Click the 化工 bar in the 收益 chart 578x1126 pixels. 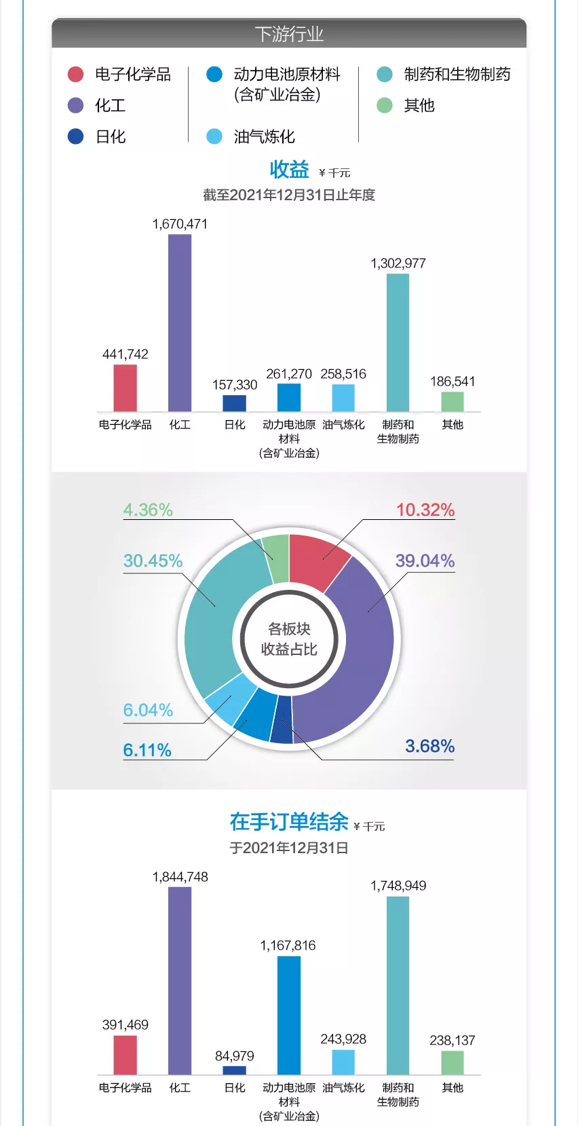[180, 322]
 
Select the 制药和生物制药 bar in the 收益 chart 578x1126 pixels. [398, 342]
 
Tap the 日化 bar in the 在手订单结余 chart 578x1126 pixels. [234, 1070]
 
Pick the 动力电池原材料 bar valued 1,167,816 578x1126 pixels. [289, 1015]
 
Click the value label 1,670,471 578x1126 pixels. [180, 224]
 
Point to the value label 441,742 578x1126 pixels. [125, 354]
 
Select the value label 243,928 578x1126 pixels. [343, 1039]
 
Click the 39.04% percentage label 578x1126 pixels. [425, 561]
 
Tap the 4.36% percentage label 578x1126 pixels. [148, 510]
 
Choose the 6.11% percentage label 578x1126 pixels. [147, 750]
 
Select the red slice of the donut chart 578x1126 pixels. [317, 560]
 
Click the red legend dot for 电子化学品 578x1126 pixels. [75, 74]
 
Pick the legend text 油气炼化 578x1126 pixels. [265, 136]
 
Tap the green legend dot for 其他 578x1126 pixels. [385, 105]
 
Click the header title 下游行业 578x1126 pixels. [289, 34]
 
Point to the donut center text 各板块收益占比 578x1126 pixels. [289, 639]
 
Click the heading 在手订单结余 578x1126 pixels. [289, 822]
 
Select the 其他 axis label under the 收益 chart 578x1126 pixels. [452, 424]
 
